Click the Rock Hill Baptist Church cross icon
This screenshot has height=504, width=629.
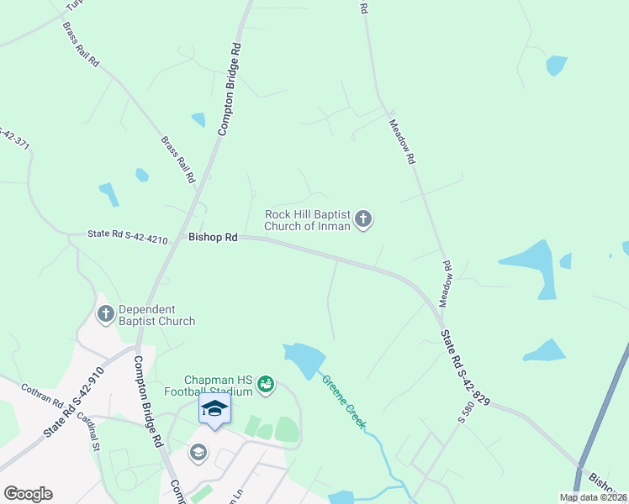pos(363,220)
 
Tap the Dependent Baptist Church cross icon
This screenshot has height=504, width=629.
pos(106,314)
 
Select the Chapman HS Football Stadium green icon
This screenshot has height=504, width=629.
pos(266,385)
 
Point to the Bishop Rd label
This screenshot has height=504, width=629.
pos(214,238)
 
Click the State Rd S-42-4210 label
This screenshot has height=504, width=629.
pos(127,237)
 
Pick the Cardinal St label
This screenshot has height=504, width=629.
pos(89,428)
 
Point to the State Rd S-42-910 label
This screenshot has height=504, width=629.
pos(73,401)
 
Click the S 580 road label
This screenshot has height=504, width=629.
pos(462,412)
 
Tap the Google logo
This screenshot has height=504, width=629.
pos(28,494)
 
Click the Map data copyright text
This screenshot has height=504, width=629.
pos(594,497)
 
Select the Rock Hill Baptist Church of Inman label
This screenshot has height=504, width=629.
pos(307,220)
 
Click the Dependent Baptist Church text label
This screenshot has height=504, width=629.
pos(157,315)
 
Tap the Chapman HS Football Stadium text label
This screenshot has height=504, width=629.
pos(219,386)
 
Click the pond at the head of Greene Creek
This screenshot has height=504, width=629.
pos(305,360)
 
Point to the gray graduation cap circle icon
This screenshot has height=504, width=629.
pos(198,453)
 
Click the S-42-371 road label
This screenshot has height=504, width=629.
pos(12,139)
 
